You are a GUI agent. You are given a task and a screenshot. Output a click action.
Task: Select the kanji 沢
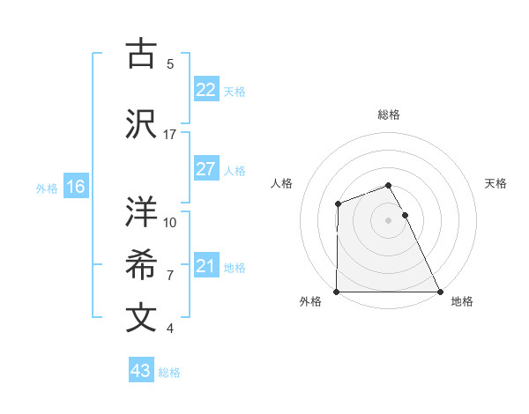click(x=141, y=123)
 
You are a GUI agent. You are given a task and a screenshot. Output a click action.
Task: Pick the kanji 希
click(x=141, y=265)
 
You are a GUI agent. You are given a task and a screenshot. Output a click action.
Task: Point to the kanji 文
click(x=141, y=318)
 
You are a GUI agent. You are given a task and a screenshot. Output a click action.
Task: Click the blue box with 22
click(x=205, y=90)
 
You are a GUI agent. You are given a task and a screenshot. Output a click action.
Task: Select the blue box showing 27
click(x=205, y=169)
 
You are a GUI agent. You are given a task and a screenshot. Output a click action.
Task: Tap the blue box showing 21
click(x=205, y=266)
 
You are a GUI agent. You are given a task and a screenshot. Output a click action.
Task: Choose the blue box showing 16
click(x=75, y=187)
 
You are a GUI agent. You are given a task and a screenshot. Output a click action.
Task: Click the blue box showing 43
click(x=140, y=371)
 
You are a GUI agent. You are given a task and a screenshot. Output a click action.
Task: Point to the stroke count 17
click(x=170, y=134)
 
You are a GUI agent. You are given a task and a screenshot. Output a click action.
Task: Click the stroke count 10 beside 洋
click(x=170, y=222)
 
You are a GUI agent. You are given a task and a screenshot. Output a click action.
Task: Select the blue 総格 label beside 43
click(x=169, y=373)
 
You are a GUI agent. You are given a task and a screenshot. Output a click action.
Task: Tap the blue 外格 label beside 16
click(x=47, y=188)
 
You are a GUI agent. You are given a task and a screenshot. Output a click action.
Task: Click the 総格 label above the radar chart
click(x=389, y=115)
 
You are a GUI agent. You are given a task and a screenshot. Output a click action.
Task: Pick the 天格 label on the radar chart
click(x=496, y=183)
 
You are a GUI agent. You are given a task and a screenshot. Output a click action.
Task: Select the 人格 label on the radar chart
click(x=281, y=183)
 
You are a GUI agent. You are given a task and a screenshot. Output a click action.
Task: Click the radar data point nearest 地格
click(x=440, y=292)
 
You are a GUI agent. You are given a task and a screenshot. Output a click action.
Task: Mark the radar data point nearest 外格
click(x=337, y=292)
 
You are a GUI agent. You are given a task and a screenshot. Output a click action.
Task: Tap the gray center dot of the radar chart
click(x=389, y=220)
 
